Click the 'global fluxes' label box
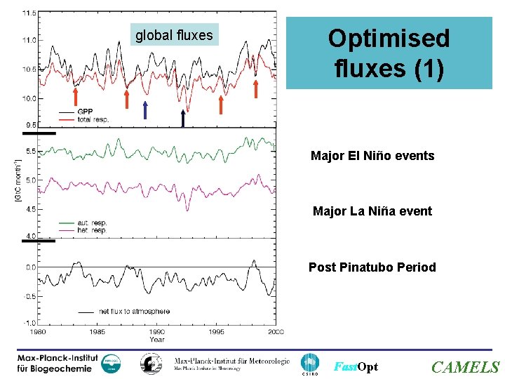(174, 34)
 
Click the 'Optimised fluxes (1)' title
(389, 53)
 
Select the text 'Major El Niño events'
(372, 156)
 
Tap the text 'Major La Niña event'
(372, 211)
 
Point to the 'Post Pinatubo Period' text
(372, 267)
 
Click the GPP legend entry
(85, 112)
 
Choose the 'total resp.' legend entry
(93, 119)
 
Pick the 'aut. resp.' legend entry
(92, 223)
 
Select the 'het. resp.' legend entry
(92, 230)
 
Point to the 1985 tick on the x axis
(97, 331)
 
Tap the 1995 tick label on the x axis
(216, 331)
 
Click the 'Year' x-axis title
(157, 339)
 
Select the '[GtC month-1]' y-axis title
(18, 182)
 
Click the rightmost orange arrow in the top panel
(256, 89)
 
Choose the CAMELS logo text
(465, 367)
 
